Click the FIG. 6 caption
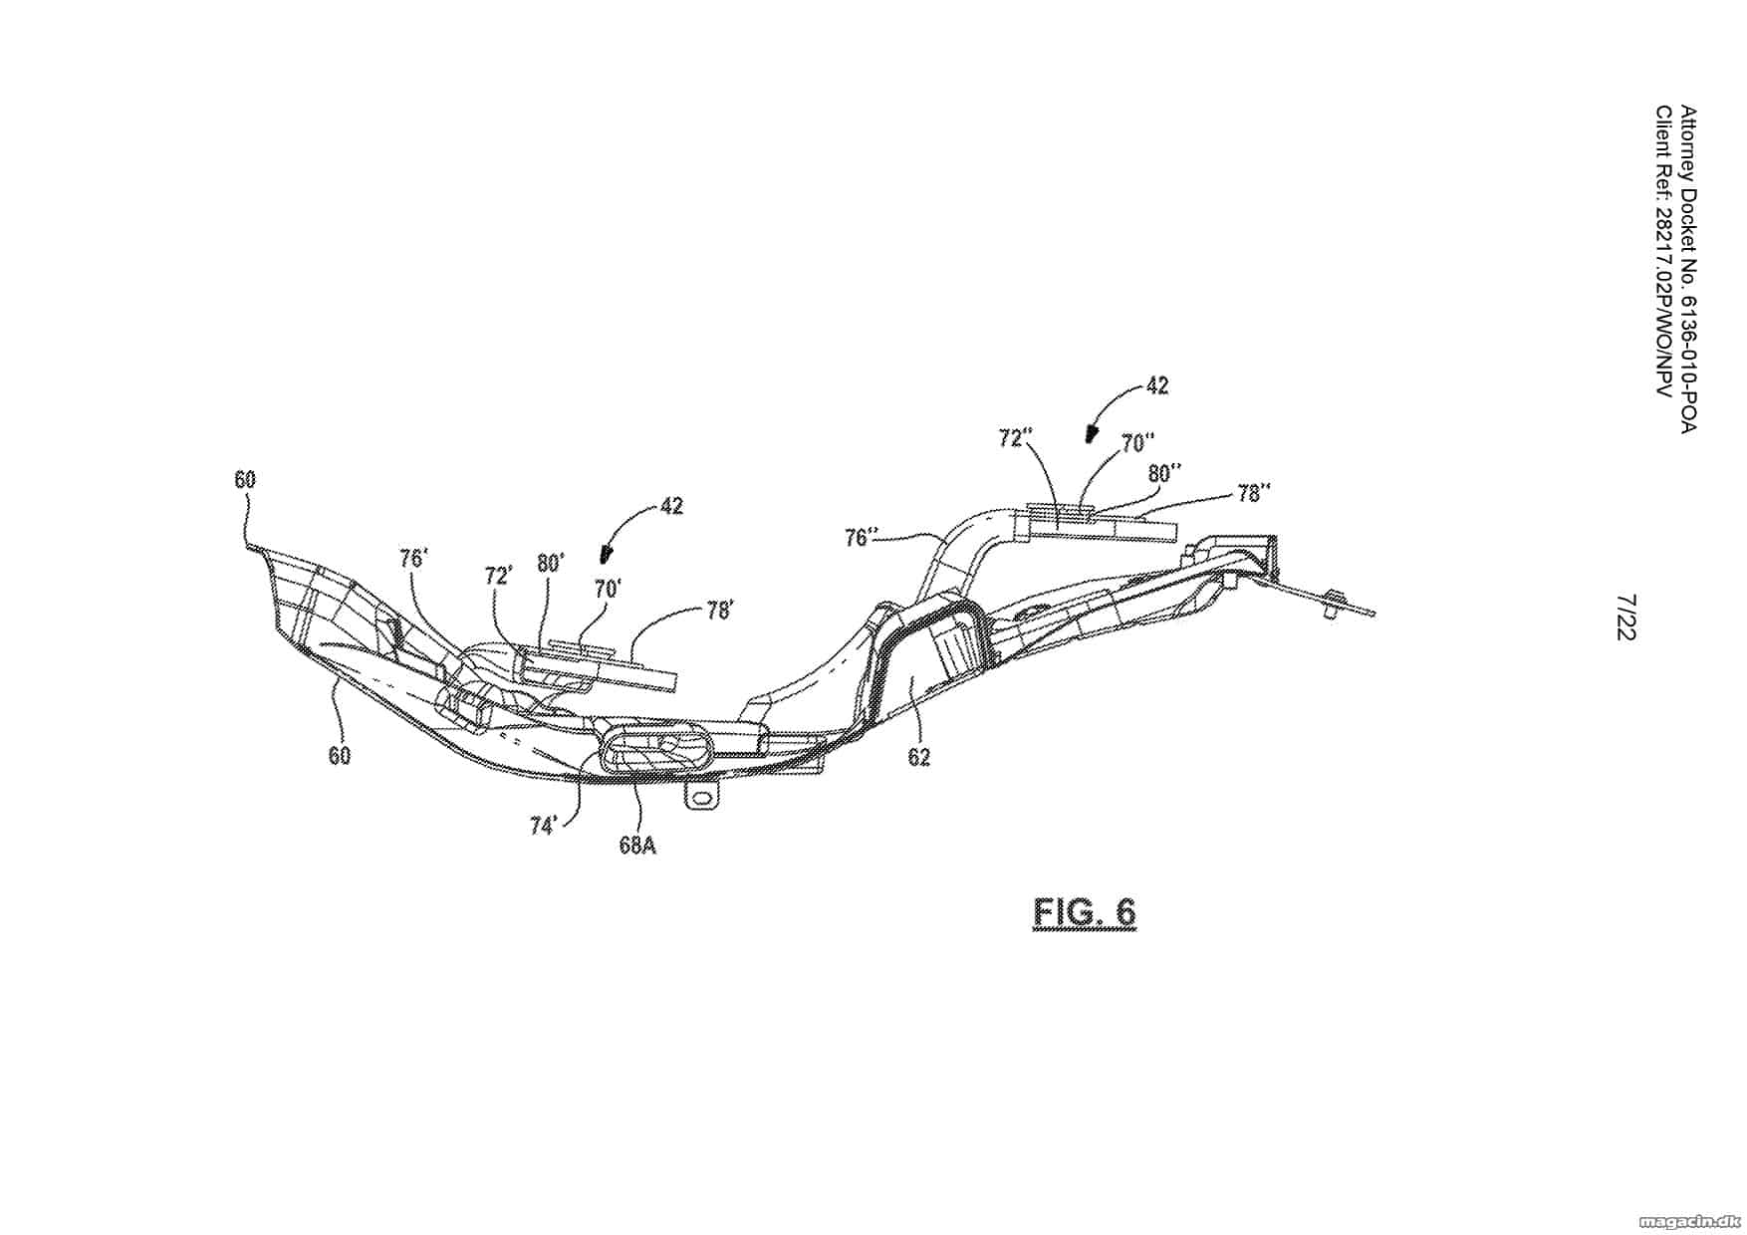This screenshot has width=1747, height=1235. pos(1084,912)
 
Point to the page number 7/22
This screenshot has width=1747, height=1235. pos(1625,617)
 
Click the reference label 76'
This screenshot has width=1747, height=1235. pos(412,558)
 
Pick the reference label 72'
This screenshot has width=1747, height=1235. pos(498,575)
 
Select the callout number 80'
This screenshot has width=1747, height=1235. pos(551,563)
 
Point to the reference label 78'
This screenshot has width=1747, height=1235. pos(719,610)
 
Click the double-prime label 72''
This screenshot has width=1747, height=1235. pos(1017,438)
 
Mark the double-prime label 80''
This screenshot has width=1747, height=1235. pos(1164,472)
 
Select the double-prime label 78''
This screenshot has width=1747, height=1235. pos(1253,493)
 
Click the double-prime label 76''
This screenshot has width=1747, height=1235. pos(863,538)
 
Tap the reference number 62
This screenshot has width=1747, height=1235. pos(918,758)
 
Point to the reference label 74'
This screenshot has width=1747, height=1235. pos(543,826)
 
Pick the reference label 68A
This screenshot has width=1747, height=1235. pos(637,846)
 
